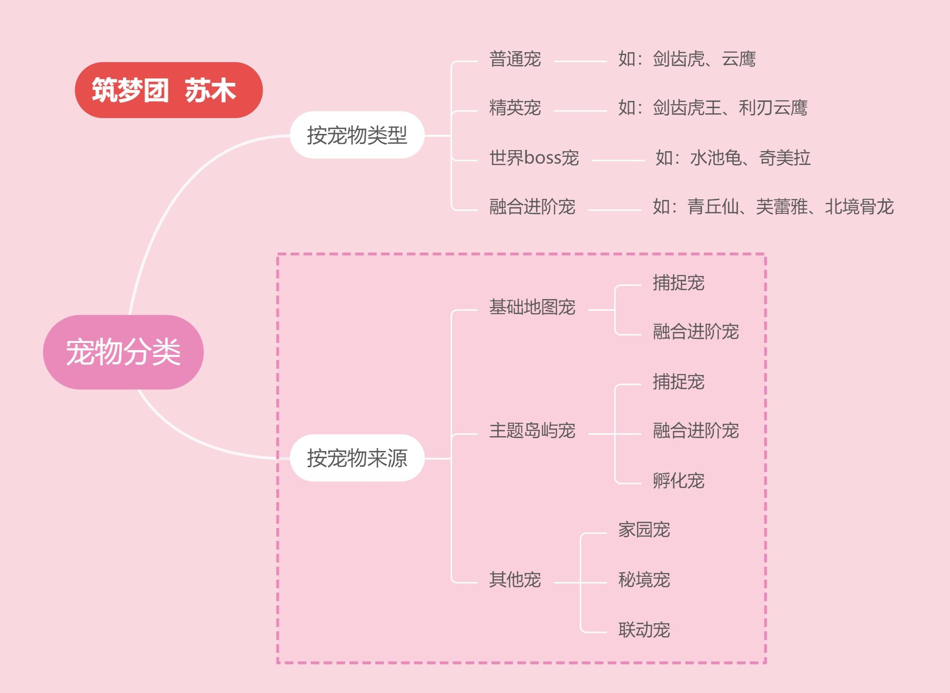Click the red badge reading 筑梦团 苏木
[x=169, y=90]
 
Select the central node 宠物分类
[x=123, y=352]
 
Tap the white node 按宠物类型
[x=357, y=135]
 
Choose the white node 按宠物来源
[x=357, y=458]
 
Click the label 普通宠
[x=515, y=59]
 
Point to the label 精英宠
[x=515, y=108]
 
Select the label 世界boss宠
[x=534, y=158]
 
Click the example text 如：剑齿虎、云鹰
[x=687, y=59]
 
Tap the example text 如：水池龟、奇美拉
[x=733, y=158]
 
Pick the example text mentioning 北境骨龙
[x=773, y=207]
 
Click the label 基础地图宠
[x=532, y=307]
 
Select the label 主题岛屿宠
[x=532, y=431]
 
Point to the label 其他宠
[x=515, y=580]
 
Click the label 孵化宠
[x=679, y=481]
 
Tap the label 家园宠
[x=644, y=530]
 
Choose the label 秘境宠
[x=644, y=580]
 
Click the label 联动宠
[x=644, y=630]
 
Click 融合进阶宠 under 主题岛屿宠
[x=696, y=431]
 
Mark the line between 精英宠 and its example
[x=580, y=111]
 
